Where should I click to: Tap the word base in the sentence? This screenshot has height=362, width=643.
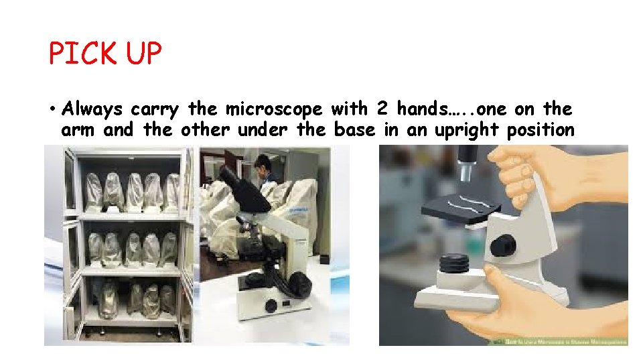(354, 129)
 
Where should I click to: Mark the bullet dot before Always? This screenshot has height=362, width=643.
(52, 109)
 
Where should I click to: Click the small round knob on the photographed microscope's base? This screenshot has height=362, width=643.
(271, 306)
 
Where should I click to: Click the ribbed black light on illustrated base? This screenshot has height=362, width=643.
(455, 263)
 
